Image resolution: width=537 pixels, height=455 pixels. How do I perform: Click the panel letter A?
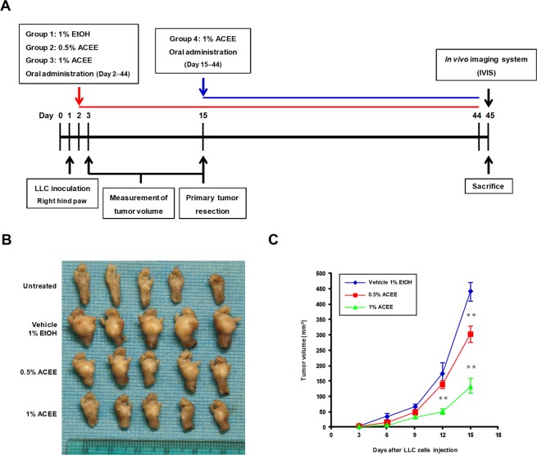pos(7,8)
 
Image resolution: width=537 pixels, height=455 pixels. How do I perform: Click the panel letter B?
pos(7,241)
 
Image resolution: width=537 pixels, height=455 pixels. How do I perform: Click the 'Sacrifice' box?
pos(488,186)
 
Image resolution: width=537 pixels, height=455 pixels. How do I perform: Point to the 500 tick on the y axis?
pos(307,273)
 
